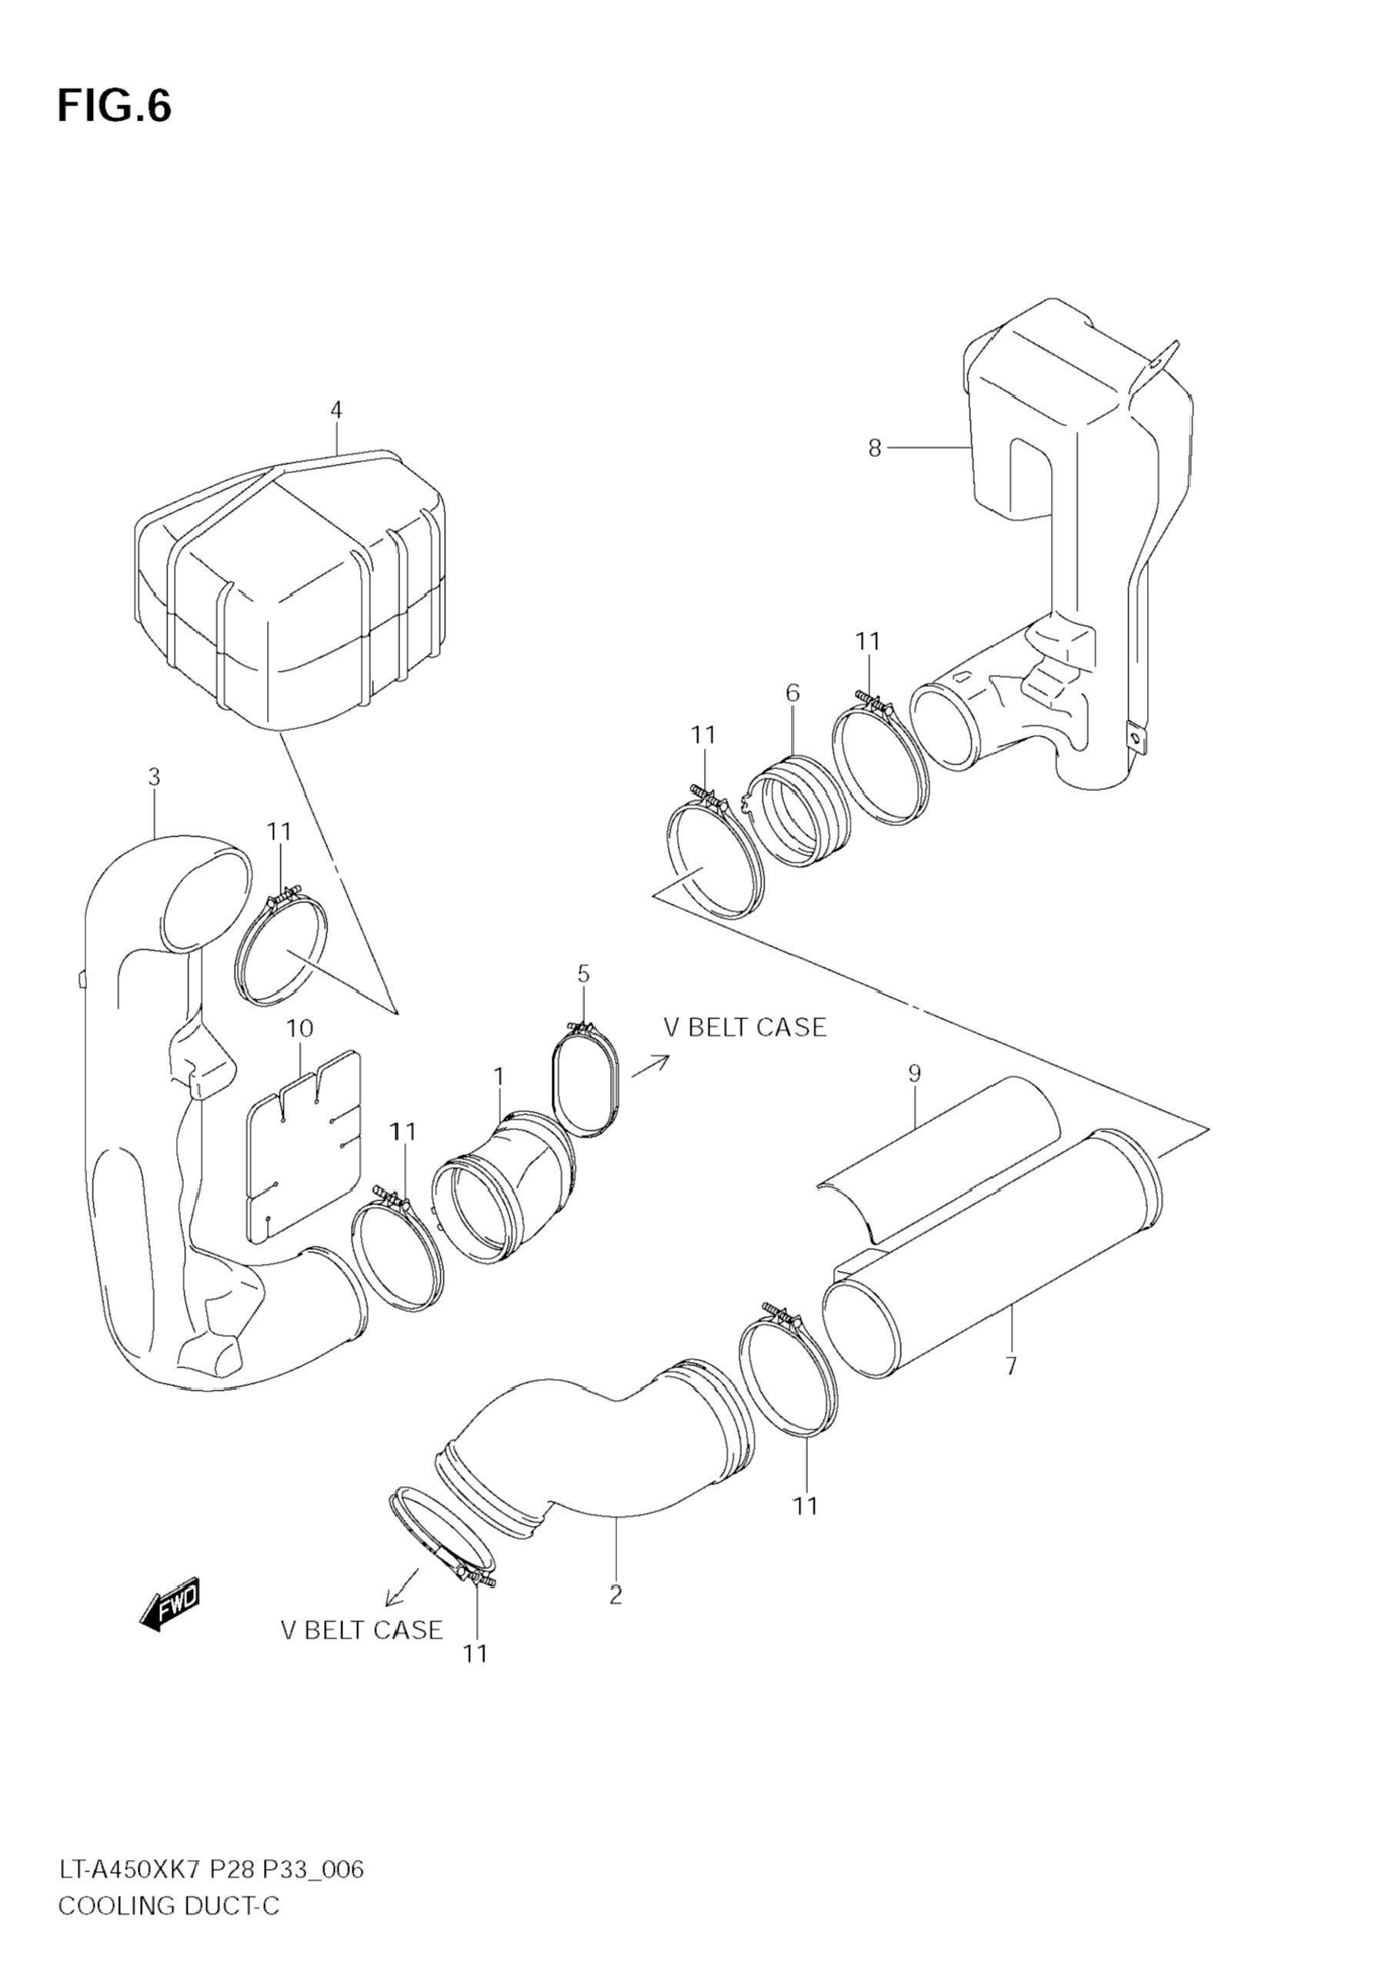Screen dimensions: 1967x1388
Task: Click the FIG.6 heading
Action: [x=114, y=106]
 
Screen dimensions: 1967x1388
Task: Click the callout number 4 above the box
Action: [x=337, y=409]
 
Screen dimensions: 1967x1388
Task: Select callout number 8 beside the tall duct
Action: [x=874, y=448]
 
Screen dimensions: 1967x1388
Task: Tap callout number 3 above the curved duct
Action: [x=154, y=777]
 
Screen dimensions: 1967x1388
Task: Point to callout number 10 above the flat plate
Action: [x=299, y=1028]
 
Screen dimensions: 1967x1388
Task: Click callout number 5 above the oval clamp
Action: [x=583, y=973]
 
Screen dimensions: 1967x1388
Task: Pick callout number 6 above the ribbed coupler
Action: [x=792, y=692]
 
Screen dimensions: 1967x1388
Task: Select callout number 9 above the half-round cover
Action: [x=914, y=1072]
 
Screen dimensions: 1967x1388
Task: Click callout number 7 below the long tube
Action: [x=1011, y=1365]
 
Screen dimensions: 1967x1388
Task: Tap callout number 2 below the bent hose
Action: [x=616, y=1595]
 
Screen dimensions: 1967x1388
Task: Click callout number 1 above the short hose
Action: [x=499, y=1076]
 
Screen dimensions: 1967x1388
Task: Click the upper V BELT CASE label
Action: [x=746, y=1027]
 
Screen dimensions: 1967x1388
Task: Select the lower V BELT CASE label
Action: [x=362, y=1629]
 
